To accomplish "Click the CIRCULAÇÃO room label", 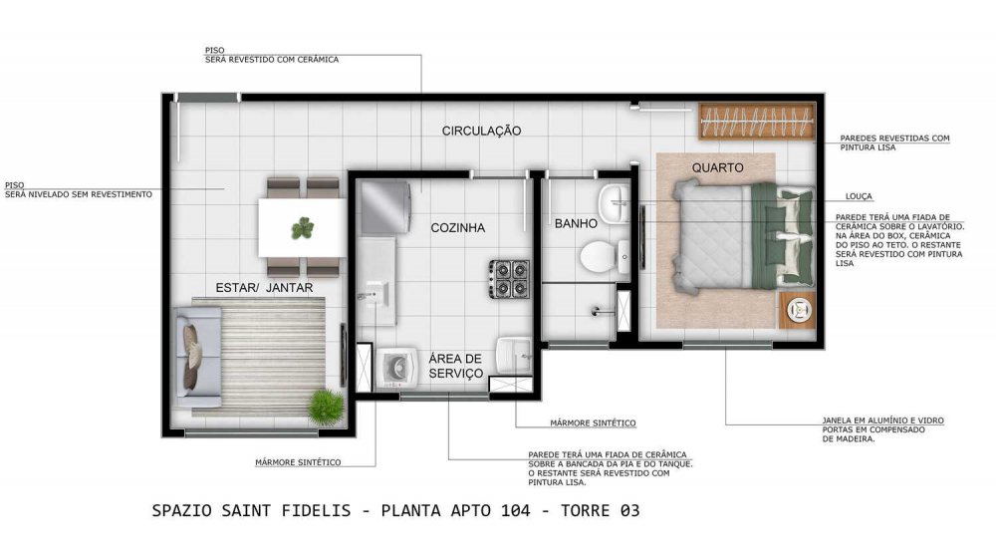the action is (481, 131).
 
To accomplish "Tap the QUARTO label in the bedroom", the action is (717, 167).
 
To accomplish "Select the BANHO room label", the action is (576, 224).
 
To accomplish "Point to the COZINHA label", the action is (457, 227).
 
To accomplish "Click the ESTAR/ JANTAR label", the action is (264, 288).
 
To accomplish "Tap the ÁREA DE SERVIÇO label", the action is (455, 366).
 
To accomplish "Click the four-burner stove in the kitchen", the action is (509, 278).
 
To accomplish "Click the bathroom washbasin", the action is (613, 203).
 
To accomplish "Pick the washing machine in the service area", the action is (397, 368).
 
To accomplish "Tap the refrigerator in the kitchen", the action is (385, 207).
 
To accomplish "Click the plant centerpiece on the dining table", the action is (303, 228).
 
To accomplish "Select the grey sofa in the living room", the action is (197, 358).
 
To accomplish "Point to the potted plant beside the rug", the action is (326, 407).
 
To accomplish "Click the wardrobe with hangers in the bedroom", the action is (757, 121).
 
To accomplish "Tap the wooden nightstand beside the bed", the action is (798, 310).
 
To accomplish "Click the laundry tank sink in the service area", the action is (514, 356).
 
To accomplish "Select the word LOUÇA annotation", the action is (859, 196).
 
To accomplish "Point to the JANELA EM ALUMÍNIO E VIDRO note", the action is (882, 420).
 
